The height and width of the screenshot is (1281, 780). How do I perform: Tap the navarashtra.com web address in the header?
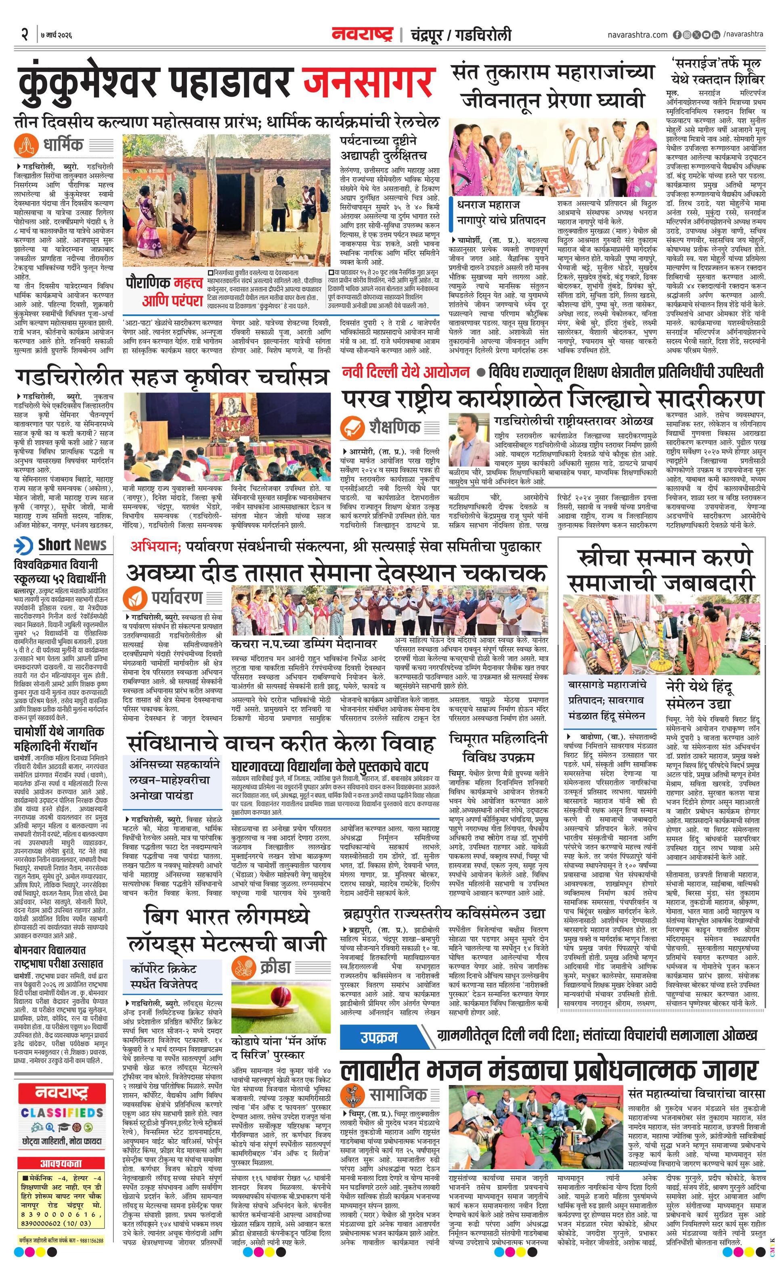click(637, 35)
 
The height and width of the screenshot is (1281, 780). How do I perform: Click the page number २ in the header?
click(24, 35)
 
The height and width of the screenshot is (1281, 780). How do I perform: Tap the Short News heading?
click(72, 545)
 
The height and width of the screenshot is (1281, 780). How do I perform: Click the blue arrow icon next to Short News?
click(24, 545)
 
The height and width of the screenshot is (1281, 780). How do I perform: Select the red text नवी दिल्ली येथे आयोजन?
click(406, 372)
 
